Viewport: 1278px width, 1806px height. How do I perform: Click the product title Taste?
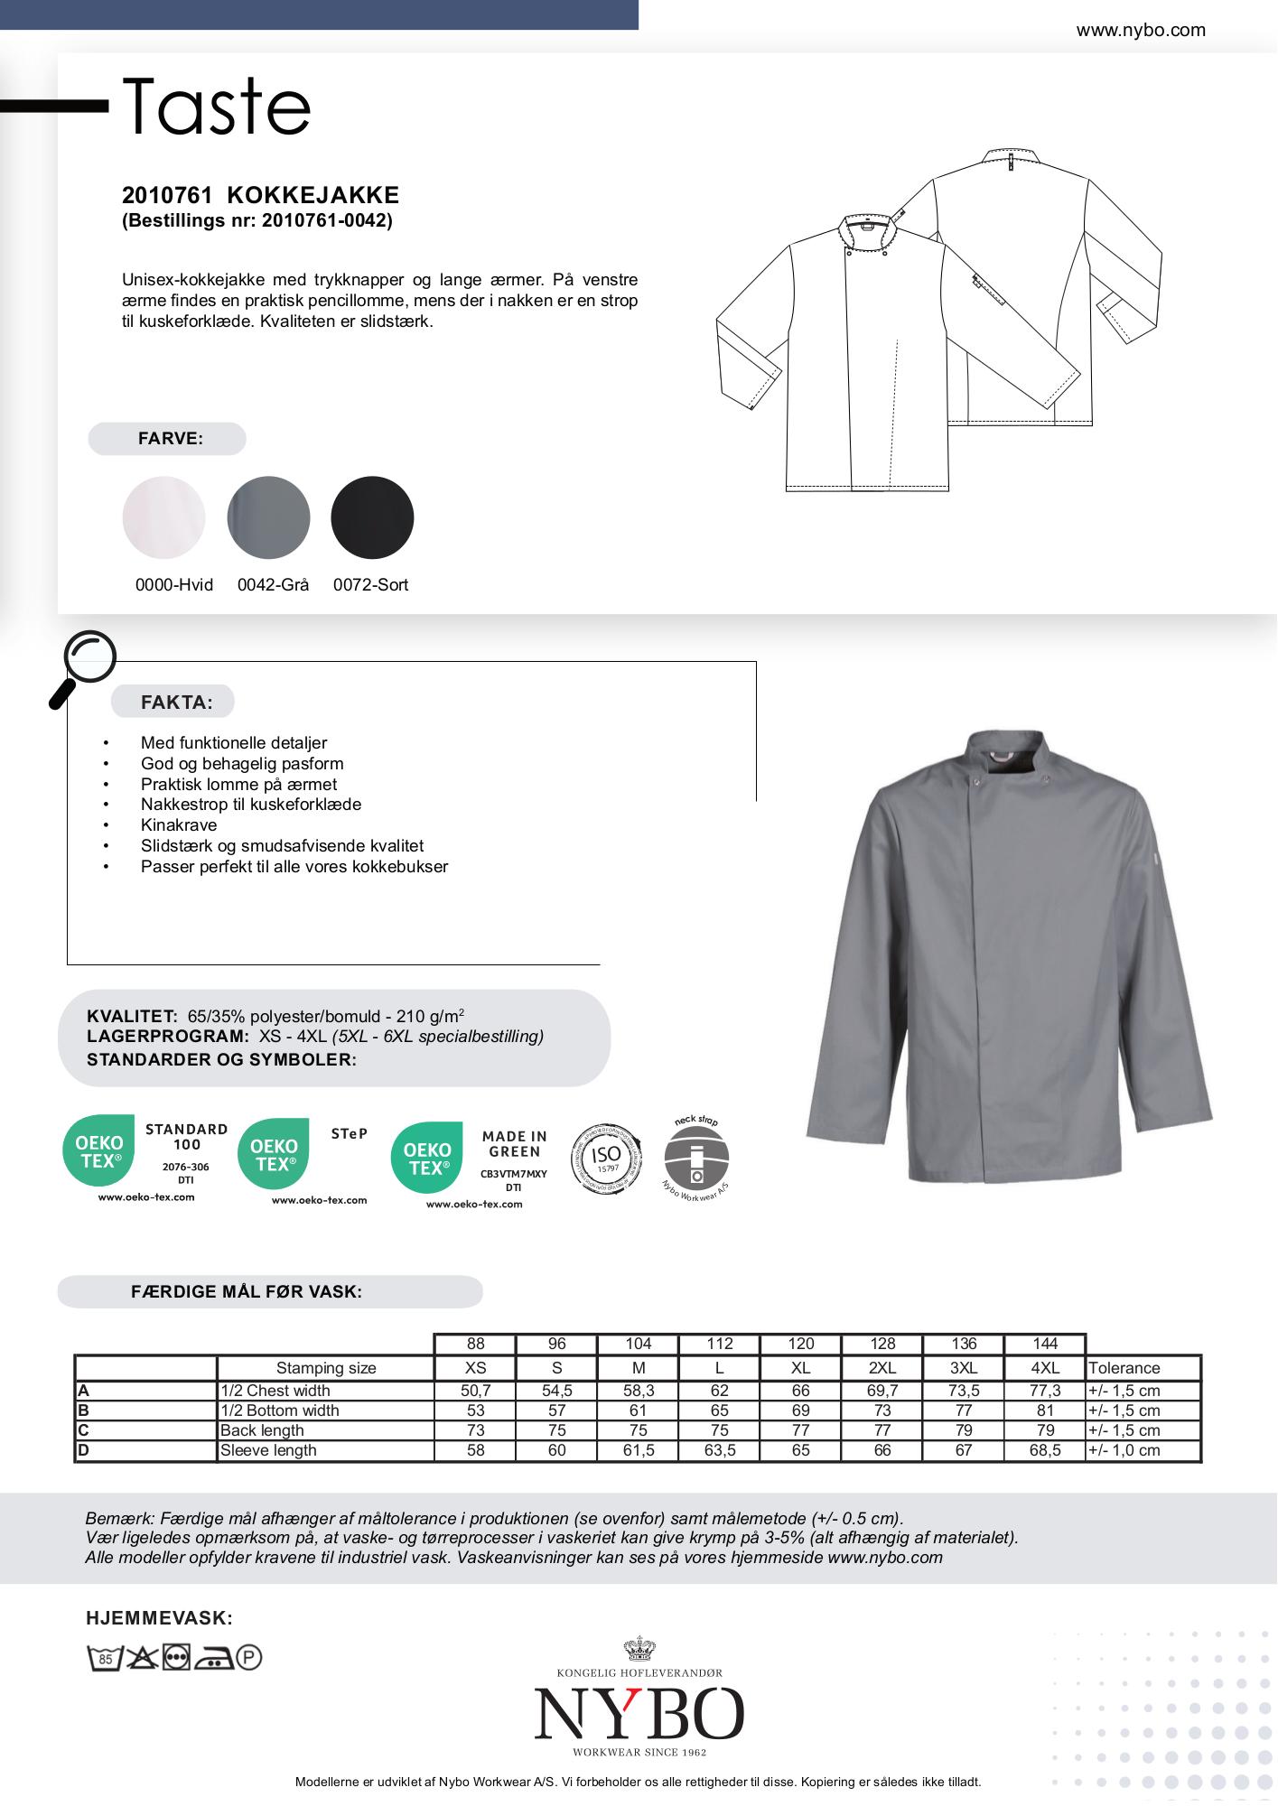(x=217, y=107)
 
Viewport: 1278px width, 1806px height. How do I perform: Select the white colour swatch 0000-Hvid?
(x=163, y=517)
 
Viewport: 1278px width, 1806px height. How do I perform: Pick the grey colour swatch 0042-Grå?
(x=268, y=517)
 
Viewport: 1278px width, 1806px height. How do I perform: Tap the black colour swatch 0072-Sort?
(x=372, y=517)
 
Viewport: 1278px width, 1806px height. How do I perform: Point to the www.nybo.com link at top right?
(x=1140, y=31)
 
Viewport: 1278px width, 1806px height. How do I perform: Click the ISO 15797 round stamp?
(x=606, y=1158)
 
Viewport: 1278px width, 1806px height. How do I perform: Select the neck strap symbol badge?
(x=696, y=1159)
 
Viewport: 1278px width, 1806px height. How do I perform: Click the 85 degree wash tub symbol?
(x=104, y=1658)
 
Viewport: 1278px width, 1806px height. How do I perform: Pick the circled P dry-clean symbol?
(x=248, y=1658)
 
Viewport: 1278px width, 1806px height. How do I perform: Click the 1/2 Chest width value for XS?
(x=475, y=1391)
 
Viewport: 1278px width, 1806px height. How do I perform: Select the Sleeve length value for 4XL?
(x=1044, y=1450)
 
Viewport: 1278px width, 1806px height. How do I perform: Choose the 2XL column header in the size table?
(x=882, y=1368)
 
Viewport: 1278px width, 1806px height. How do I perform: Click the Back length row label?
(x=262, y=1430)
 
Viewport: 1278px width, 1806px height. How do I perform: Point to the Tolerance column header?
(x=1124, y=1368)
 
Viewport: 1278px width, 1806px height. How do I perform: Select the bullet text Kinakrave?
(x=179, y=825)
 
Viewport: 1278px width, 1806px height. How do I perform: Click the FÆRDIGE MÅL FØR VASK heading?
(x=247, y=1292)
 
